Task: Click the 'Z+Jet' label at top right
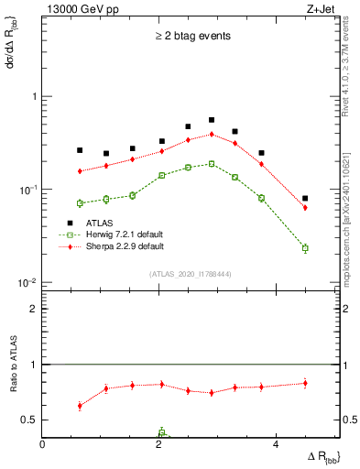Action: tap(320, 9)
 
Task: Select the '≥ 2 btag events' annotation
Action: tap(191, 37)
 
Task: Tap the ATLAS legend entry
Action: tap(98, 223)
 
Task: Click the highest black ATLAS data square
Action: tap(212, 120)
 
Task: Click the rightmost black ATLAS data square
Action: tap(305, 199)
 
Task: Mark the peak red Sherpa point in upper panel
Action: tap(212, 134)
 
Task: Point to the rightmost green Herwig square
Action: tap(305, 248)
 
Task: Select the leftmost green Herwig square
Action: tap(80, 203)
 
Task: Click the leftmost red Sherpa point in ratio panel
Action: tap(80, 406)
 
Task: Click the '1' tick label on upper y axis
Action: tap(33, 96)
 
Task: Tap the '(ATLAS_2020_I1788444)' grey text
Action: tap(190, 274)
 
